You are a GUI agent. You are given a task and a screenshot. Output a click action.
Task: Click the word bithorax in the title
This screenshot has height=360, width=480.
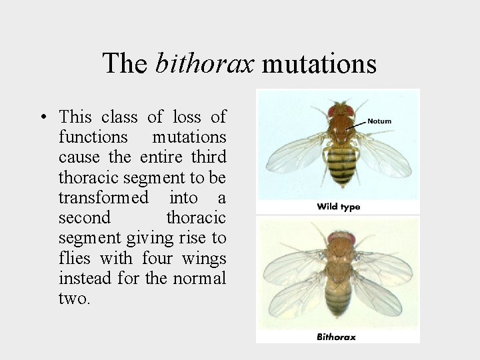coord(205,64)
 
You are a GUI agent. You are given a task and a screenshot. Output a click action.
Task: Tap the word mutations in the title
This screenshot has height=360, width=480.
coord(319,64)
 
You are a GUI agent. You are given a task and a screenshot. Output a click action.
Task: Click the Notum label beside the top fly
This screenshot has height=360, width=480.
coord(379,121)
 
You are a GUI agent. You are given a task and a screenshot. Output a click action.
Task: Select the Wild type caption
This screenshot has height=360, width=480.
coord(338,207)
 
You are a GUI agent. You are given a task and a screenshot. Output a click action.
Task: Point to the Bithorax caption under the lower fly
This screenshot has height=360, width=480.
coord(336,337)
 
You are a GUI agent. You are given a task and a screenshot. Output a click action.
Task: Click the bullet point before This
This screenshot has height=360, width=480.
coord(43,117)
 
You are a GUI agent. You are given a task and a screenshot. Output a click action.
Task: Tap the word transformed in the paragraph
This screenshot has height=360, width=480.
coord(103,198)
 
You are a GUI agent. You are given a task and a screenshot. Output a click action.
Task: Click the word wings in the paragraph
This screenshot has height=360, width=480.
coord(204,258)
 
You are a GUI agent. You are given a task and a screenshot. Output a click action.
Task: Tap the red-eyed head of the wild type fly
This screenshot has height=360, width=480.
coord(340,111)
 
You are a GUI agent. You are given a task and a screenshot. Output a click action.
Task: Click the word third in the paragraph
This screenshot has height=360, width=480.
coord(209,157)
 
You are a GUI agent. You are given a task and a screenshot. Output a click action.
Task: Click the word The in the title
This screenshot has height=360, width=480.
coord(125,64)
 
